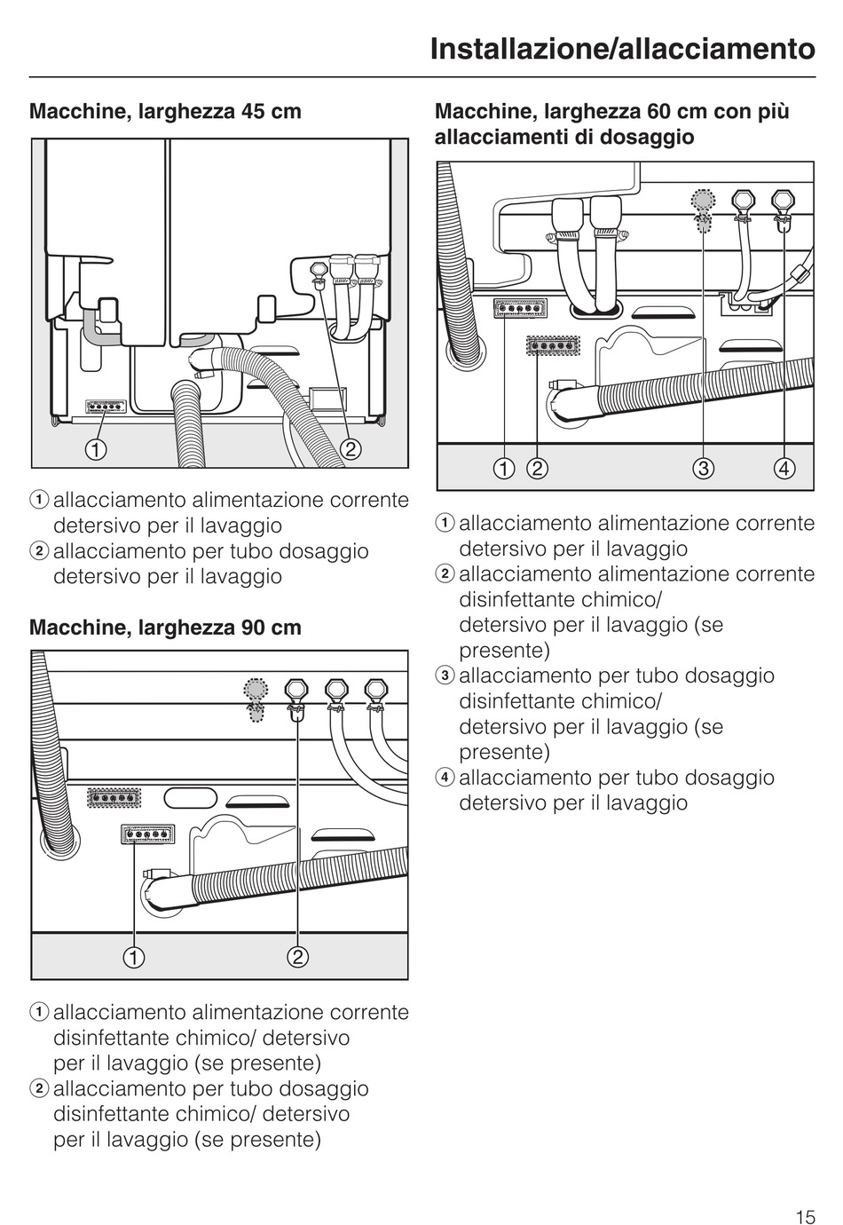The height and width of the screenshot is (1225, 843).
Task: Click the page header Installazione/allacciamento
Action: pos(623,49)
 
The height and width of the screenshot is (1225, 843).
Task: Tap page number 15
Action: pos(805,1216)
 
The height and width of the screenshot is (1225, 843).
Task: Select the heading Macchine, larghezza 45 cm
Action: pos(165,112)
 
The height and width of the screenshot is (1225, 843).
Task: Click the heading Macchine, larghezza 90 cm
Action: pos(165,628)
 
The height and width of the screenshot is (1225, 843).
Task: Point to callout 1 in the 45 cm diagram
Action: pos(95,449)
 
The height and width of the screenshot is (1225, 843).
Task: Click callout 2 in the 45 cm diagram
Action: pos(351,449)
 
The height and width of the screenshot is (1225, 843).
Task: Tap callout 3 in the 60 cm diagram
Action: pos(703,469)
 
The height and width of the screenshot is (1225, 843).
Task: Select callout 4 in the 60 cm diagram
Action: pos(784,469)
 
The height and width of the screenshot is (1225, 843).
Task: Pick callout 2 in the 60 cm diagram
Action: pos(537,469)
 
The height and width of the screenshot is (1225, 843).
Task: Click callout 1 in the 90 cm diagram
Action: pos(134,957)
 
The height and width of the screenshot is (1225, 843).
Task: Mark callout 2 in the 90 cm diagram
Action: pos(298,957)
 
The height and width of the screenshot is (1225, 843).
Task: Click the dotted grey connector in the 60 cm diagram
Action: pos(703,210)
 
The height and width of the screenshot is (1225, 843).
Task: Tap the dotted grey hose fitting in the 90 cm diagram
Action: pos(256,700)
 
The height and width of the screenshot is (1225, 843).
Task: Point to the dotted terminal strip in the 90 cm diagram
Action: pos(114,798)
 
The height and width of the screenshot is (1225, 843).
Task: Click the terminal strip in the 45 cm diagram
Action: pos(106,407)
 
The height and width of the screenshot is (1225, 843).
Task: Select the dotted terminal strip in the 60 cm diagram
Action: pos(553,345)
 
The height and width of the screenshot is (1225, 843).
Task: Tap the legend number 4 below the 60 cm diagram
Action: pos(445,777)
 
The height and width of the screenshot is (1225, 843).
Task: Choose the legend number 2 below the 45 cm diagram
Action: pos(39,550)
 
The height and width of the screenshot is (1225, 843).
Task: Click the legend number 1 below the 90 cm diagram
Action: pos(39,1012)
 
